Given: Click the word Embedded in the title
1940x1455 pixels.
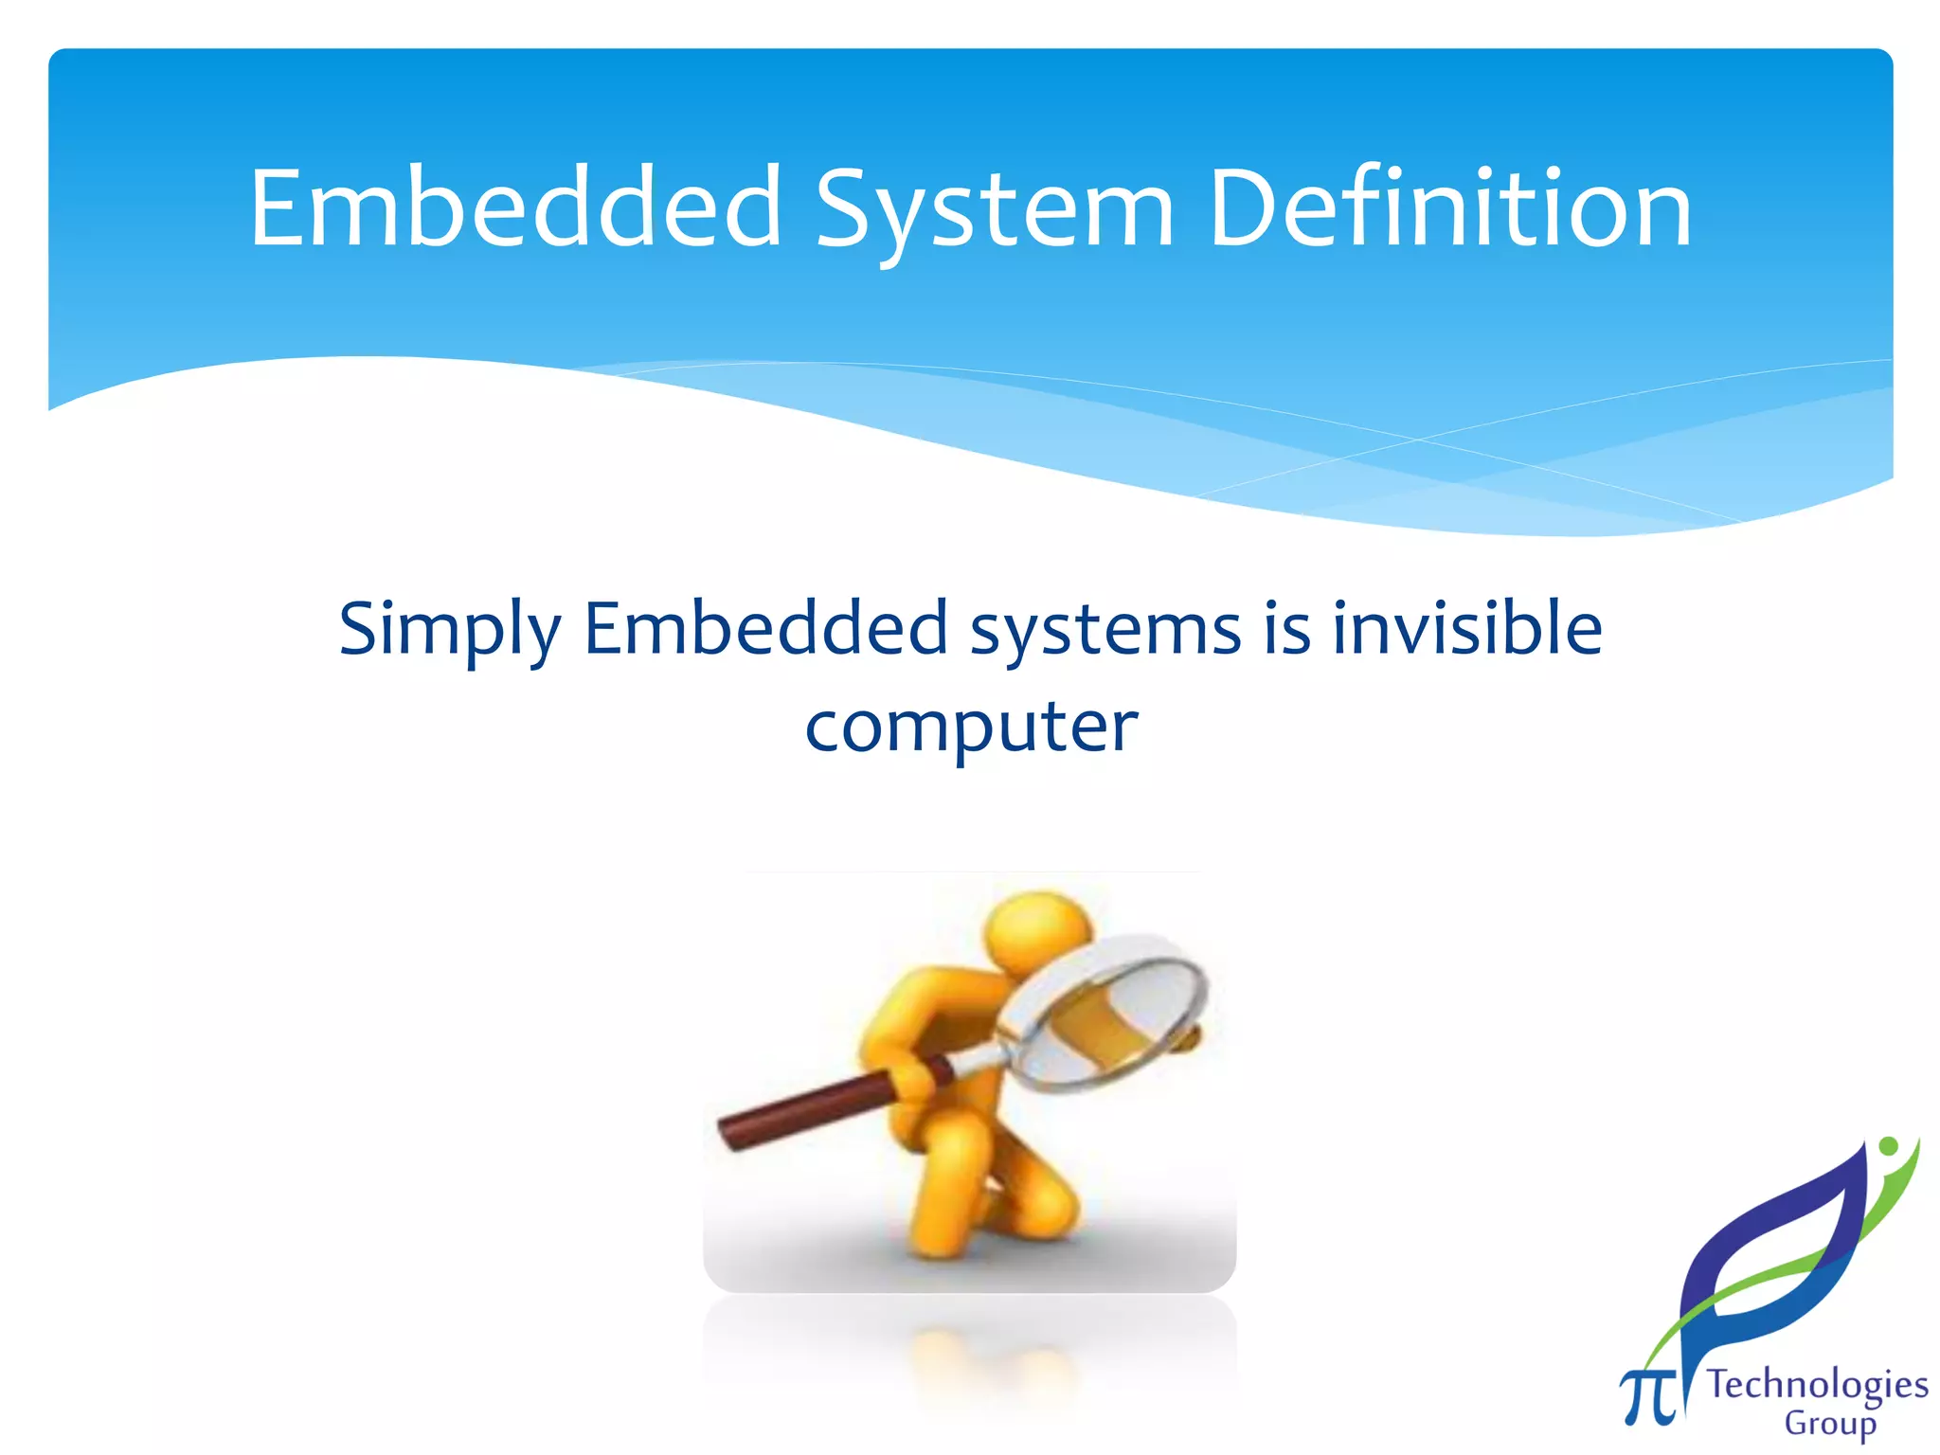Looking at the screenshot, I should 514,208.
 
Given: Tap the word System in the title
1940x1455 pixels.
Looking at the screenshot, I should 994,210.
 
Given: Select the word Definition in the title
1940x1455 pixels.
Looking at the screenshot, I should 1450,208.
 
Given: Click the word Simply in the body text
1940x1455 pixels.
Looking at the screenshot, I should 450,631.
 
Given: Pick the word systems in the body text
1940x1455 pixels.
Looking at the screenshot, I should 1105,631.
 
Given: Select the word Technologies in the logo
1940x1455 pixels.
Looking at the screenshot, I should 1817,1385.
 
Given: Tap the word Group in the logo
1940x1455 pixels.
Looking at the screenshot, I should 1829,1424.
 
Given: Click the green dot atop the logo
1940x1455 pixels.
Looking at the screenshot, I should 1889,1146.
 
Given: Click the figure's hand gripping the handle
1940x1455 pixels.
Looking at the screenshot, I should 914,1080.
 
